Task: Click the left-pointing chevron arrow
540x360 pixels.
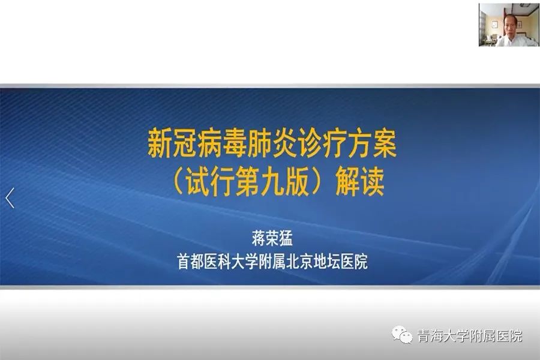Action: tap(10, 198)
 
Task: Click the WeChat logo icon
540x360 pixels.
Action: tap(402, 335)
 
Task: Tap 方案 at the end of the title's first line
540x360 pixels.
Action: tap(372, 143)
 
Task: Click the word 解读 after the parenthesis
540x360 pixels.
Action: tap(360, 182)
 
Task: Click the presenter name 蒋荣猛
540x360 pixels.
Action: tap(272, 238)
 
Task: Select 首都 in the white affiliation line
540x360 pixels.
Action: tap(190, 262)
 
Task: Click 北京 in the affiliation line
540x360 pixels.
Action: tap(299, 262)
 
